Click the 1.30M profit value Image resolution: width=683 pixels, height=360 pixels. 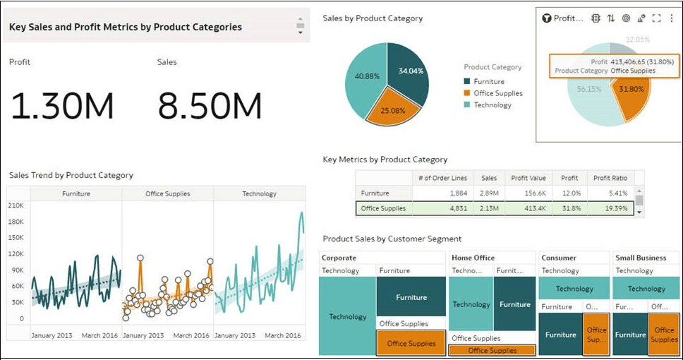(x=62, y=107)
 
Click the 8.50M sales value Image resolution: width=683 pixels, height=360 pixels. (x=210, y=107)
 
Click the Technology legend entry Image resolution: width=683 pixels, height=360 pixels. (x=492, y=105)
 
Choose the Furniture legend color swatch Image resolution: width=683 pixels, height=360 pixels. (x=467, y=82)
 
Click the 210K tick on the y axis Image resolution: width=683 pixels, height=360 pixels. (x=16, y=205)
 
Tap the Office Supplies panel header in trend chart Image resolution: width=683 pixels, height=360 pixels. (x=167, y=193)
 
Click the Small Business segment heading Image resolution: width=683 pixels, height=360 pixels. (x=641, y=258)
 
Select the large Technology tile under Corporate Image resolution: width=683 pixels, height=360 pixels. (x=347, y=317)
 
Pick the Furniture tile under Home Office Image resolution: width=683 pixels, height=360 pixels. (x=514, y=304)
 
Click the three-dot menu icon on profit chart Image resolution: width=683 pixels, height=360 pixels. (x=671, y=18)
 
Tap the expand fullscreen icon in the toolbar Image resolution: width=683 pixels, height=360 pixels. (x=656, y=18)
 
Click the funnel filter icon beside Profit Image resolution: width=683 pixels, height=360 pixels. (x=546, y=18)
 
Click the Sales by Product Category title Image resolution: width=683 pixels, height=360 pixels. (x=373, y=18)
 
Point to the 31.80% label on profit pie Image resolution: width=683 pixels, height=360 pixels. (x=631, y=90)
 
